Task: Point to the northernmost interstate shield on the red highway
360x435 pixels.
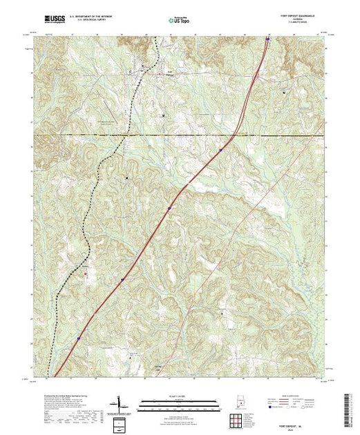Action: pos(267,39)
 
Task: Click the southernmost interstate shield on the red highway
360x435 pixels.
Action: pos(79,338)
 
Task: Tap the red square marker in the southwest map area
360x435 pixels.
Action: pos(86,273)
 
